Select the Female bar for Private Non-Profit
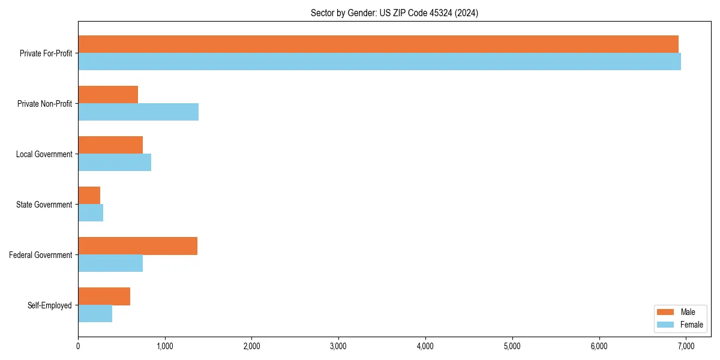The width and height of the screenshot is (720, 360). [138, 112]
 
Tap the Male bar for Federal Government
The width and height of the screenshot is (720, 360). [137, 246]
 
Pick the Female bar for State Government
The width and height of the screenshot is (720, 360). [91, 213]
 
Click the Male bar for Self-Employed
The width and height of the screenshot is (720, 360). [104, 296]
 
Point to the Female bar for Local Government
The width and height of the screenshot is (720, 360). [115, 163]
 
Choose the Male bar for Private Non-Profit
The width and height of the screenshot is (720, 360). [108, 95]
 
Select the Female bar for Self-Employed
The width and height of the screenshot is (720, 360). [95, 314]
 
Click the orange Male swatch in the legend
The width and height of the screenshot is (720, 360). [666, 312]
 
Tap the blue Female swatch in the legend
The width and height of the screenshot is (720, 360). [666, 325]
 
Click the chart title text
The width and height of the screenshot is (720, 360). [394, 13]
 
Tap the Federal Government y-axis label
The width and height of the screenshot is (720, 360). [40, 255]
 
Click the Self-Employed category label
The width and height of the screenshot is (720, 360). [49, 305]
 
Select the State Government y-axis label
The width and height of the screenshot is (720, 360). [44, 205]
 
